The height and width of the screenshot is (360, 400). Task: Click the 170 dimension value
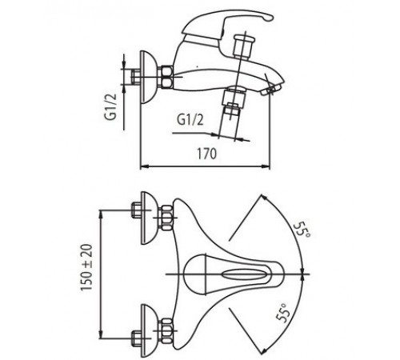click(206, 154)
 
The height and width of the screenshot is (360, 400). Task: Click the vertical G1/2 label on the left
click(111, 106)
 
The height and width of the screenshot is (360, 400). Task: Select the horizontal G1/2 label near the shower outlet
click(190, 119)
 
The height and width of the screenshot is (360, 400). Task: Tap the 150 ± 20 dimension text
click(87, 267)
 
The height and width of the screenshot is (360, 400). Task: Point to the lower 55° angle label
click(283, 313)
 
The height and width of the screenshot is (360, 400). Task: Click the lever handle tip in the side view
click(268, 18)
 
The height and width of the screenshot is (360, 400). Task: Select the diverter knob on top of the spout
click(243, 46)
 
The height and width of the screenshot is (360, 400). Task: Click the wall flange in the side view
click(146, 77)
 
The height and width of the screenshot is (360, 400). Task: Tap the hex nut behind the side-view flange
click(166, 77)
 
